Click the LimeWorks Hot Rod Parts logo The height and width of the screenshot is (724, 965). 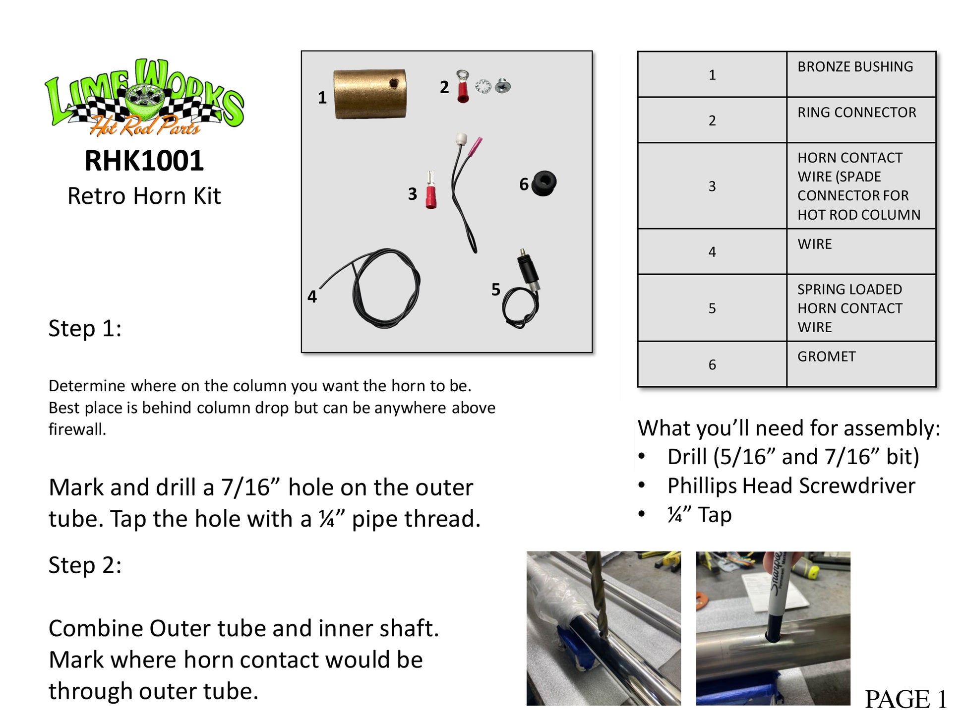coord(144,98)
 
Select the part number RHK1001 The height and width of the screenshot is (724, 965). coord(144,161)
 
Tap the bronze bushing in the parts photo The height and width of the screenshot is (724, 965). coord(370,94)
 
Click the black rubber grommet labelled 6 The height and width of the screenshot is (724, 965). coord(544,183)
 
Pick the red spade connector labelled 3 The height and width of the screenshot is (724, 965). coord(430,190)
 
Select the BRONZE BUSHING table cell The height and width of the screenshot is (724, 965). coord(861,74)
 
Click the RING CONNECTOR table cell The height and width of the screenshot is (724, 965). coord(861,120)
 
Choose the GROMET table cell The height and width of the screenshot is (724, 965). coord(861,364)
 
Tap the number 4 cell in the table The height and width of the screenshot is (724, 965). coord(712,251)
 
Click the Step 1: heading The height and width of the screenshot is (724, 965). coord(85,328)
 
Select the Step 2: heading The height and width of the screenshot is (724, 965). coord(85,565)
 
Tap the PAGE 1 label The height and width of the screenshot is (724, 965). coord(905,699)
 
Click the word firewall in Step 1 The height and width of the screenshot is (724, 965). coord(77,429)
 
